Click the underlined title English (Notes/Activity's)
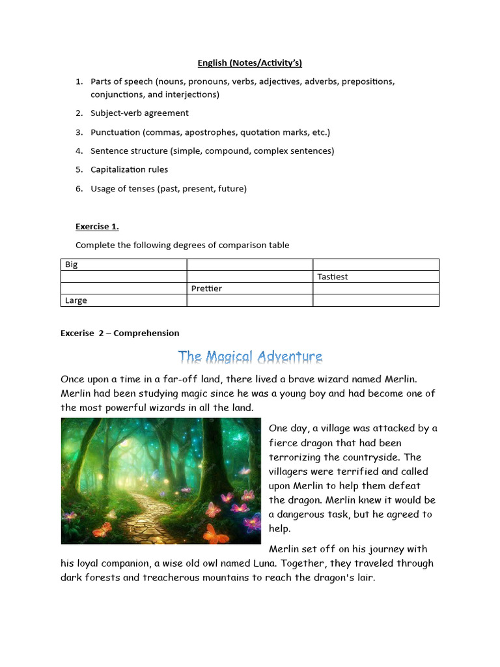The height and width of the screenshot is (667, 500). click(x=250, y=63)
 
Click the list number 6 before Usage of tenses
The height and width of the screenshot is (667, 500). click(x=79, y=189)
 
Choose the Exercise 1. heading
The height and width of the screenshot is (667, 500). click(x=97, y=227)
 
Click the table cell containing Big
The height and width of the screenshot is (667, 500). click(x=124, y=265)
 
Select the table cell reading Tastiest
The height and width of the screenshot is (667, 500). click(x=376, y=277)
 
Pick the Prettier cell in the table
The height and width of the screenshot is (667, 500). click(x=249, y=289)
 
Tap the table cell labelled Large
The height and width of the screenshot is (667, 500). click(x=124, y=300)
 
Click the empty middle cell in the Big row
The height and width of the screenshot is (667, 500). click(x=249, y=265)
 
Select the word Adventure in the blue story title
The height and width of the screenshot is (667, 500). click(x=290, y=357)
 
